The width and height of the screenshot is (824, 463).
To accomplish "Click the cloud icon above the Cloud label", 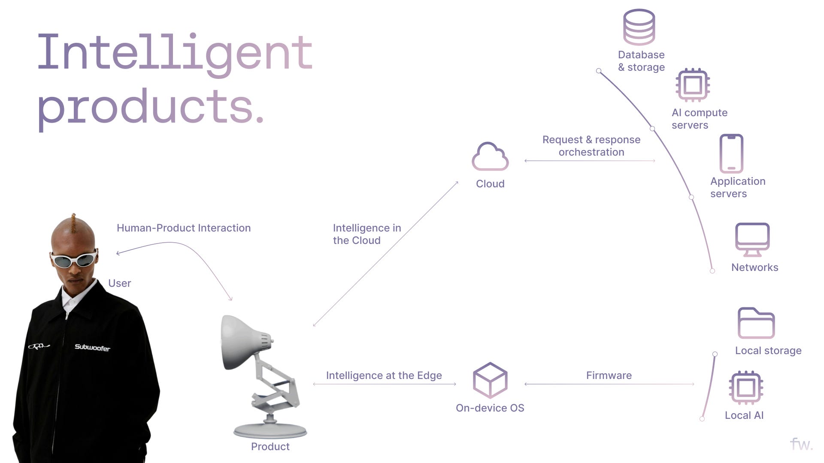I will [490, 157].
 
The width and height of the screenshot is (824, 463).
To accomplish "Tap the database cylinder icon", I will [639, 27].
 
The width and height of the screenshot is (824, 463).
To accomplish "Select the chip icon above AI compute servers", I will [693, 85].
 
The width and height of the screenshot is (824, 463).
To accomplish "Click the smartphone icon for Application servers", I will [731, 153].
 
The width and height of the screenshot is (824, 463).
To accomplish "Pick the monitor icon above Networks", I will [752, 239].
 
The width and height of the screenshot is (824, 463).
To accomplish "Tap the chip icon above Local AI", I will [746, 388].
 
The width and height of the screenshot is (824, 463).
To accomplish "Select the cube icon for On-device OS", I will [490, 380].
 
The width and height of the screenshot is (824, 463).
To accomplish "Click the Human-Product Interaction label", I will [184, 228].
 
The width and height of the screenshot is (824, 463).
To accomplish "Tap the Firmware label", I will [609, 376].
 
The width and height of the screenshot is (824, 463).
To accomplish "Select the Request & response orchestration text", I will [591, 146].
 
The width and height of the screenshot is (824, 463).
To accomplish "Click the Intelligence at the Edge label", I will [384, 376].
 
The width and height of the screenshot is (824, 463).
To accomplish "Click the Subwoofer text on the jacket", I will [92, 347].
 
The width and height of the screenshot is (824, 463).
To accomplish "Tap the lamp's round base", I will [270, 430].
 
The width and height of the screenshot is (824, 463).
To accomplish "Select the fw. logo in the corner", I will [801, 444].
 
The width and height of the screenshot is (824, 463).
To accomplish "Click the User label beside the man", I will [119, 283].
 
